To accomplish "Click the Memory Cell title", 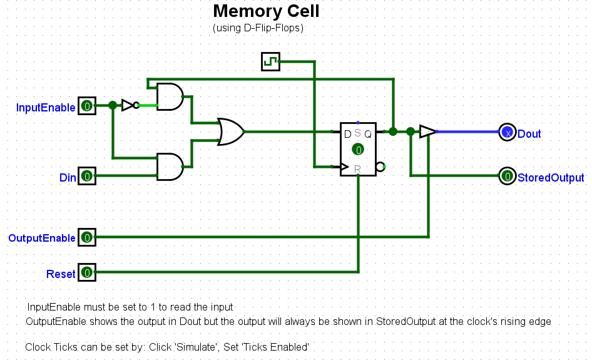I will (266, 11).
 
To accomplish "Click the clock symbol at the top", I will (270, 61).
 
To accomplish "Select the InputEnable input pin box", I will (87, 106).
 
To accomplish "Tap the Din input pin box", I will (87, 177).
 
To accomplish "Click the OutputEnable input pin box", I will (87, 237).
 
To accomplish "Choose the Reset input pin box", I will (87, 273).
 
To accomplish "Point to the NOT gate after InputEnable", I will (128, 105).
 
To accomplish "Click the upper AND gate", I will (170, 96).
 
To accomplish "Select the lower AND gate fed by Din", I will (170, 167).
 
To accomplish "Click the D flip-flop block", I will (358, 149).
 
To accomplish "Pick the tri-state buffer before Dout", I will (427, 131).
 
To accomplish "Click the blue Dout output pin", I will (507, 133).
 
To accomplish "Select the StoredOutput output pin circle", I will (507, 177).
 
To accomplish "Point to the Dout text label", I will (529, 134).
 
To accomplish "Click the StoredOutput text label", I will (551, 178).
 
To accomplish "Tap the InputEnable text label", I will (46, 108).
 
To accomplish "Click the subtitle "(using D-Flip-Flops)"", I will (258, 28).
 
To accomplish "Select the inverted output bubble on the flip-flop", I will (380, 167).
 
